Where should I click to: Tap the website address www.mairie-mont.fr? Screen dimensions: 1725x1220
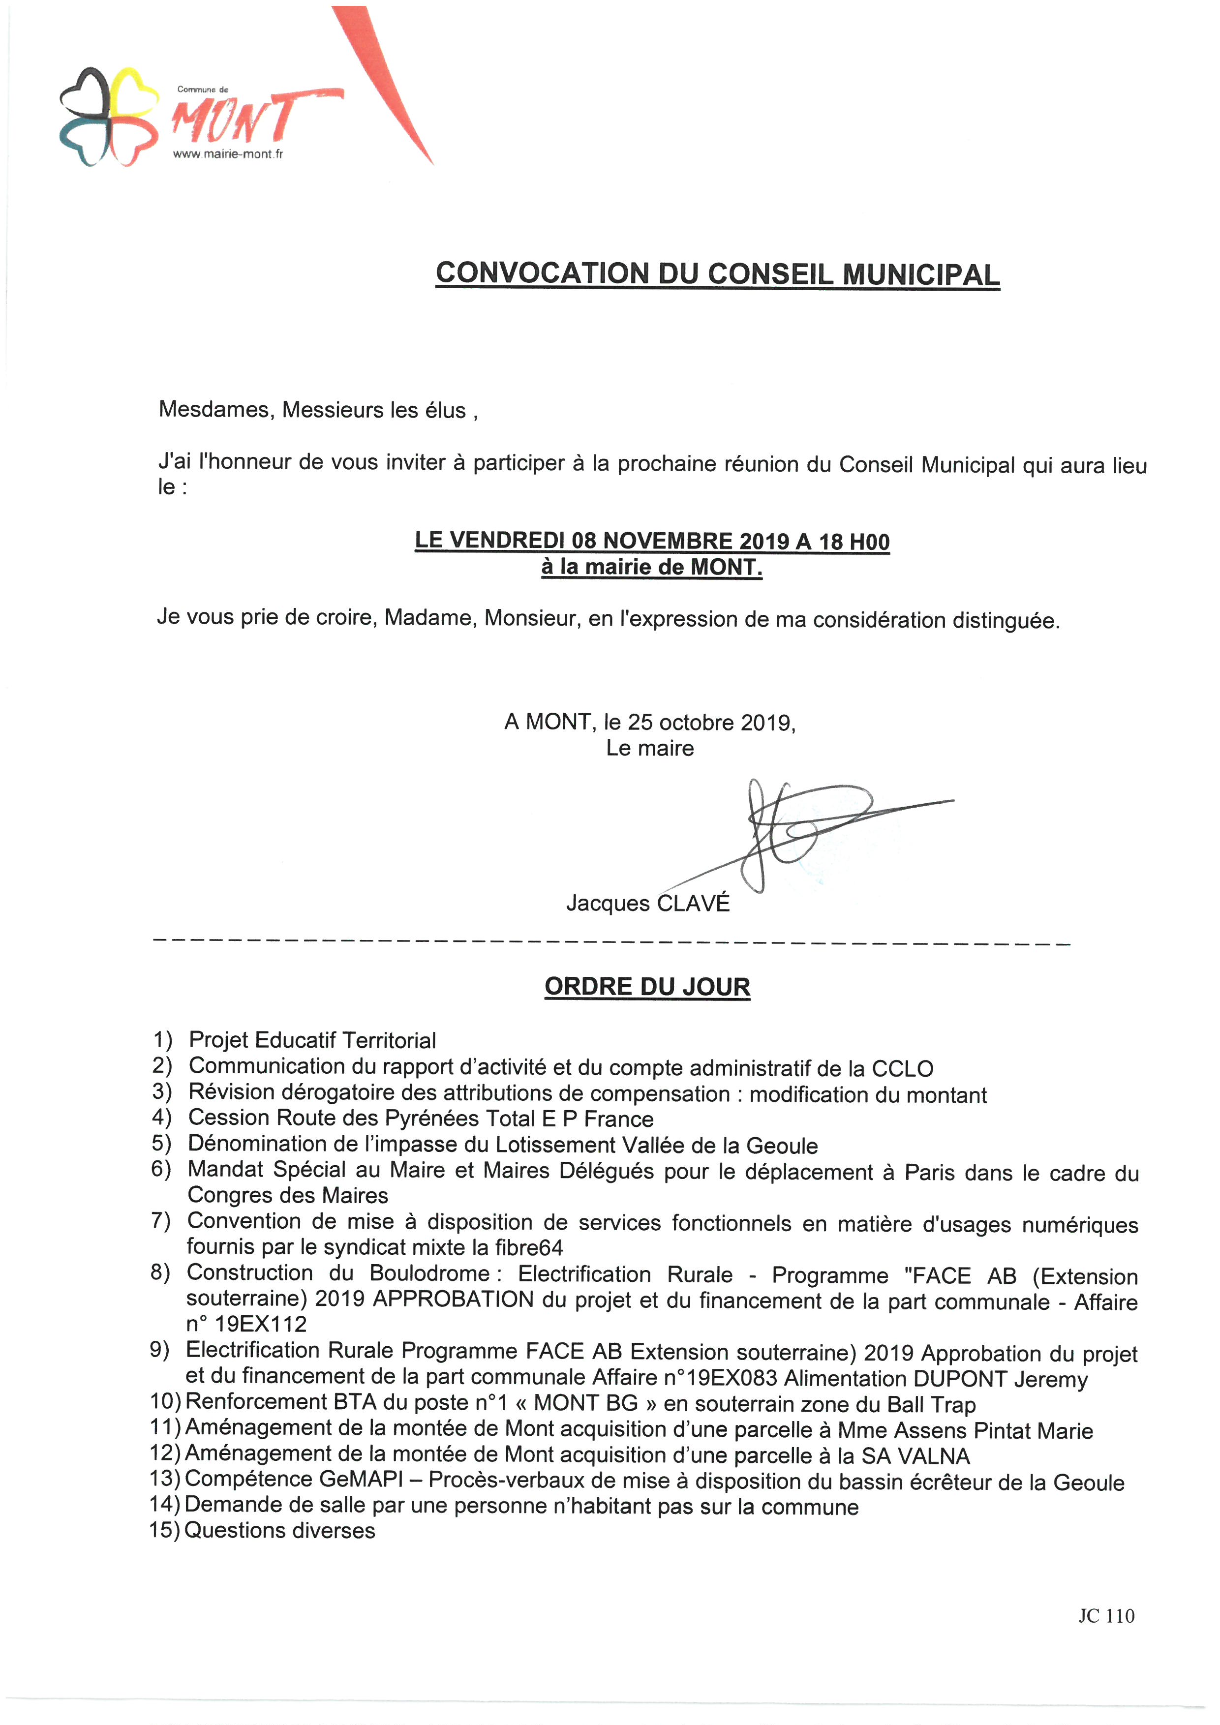(228, 154)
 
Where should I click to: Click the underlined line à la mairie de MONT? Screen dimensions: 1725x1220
(651, 567)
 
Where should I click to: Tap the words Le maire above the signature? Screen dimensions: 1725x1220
(650, 748)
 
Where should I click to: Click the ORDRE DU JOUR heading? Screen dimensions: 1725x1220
(647, 987)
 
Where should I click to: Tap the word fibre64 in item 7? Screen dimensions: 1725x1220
(529, 1248)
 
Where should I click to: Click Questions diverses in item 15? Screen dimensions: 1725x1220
(279, 1530)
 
